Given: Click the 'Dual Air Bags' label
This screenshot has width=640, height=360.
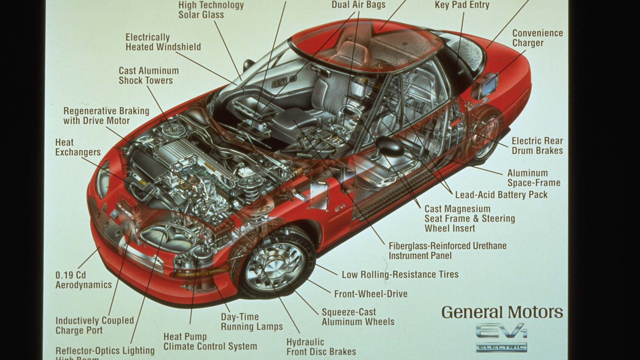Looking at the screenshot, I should (x=358, y=5).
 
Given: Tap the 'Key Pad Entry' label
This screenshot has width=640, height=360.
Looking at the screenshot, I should (x=462, y=5).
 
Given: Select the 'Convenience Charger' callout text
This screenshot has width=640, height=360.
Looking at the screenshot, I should (x=537, y=38).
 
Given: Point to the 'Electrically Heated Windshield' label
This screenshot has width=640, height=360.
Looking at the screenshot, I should (x=163, y=42).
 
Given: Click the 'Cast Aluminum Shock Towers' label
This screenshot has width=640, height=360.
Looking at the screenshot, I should (x=148, y=75).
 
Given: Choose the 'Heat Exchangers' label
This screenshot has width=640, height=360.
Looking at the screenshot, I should (x=78, y=147).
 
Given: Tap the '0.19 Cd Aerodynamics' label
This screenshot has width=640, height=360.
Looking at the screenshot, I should (x=83, y=280).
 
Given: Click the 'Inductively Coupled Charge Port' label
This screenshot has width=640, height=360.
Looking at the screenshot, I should (x=94, y=325).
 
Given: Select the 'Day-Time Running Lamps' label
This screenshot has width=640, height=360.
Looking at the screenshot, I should (x=252, y=322).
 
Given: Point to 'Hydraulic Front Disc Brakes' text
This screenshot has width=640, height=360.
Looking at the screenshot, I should (x=321, y=347).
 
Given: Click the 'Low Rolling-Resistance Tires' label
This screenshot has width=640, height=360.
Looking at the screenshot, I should (x=400, y=275).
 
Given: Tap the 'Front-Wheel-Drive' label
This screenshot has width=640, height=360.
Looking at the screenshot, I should (x=371, y=294).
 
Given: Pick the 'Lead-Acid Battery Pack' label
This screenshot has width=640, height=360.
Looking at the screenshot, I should (x=501, y=195).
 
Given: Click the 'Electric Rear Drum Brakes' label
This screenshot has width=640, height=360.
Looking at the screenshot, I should (x=537, y=146).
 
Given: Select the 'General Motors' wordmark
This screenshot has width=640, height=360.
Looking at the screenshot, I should (x=502, y=312).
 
